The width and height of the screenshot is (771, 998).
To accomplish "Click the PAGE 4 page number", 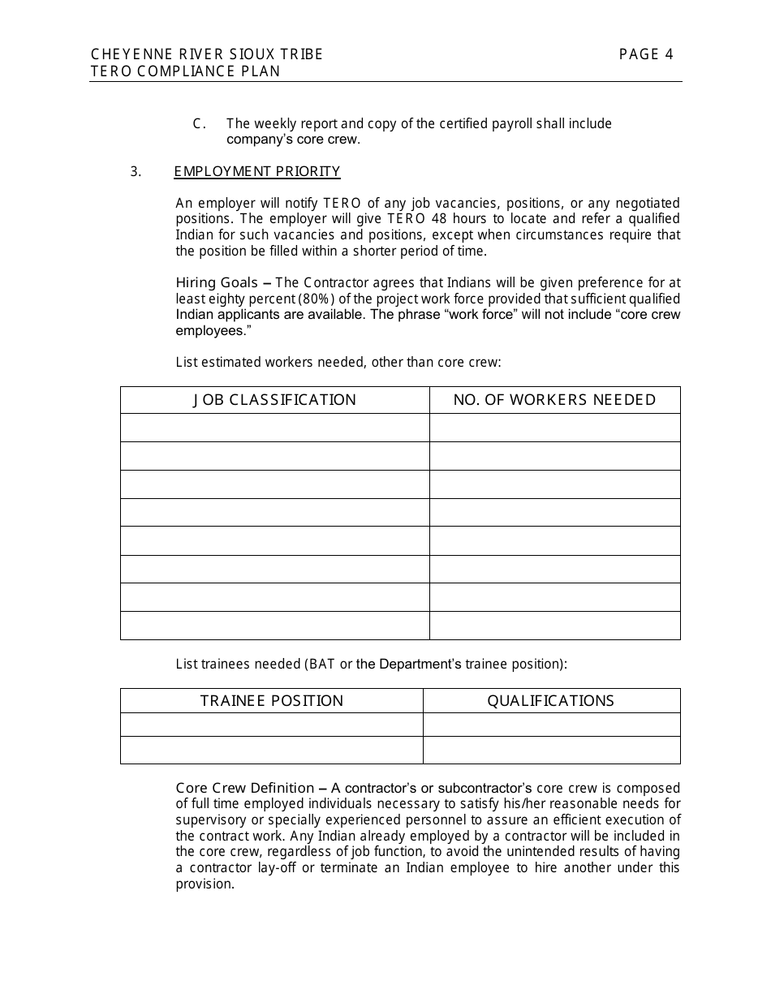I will click(646, 54).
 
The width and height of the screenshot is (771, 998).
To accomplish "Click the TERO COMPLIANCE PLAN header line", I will click(186, 71).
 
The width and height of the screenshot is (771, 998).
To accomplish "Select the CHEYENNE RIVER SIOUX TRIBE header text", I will click(207, 54).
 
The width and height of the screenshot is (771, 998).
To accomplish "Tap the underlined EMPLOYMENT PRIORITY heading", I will click(257, 171).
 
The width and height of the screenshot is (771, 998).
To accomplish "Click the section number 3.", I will click(136, 171).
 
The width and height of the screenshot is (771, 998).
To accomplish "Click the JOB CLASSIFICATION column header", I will click(274, 400).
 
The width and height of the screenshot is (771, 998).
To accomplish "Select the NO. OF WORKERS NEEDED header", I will click(554, 400).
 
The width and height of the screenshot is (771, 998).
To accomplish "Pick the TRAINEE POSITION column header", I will click(272, 701).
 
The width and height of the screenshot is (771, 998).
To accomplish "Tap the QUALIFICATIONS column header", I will click(551, 701).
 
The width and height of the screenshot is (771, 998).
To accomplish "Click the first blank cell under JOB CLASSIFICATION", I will click(274, 428).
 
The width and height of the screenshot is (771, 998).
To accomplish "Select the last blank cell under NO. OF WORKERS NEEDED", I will click(554, 626).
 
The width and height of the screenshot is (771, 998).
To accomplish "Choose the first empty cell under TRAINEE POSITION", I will click(272, 725).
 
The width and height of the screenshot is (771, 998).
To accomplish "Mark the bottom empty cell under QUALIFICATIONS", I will click(551, 750).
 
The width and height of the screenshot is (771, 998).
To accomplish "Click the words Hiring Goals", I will click(217, 283).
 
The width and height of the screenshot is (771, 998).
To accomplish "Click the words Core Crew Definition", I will click(244, 788).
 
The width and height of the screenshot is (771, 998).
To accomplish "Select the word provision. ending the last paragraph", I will click(205, 884).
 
